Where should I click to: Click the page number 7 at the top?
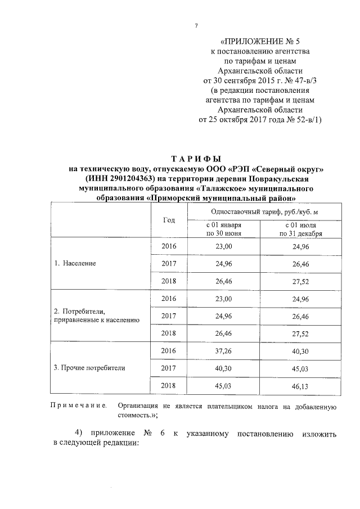point(196,26)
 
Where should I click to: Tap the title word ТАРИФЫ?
point(197,159)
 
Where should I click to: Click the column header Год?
point(169,220)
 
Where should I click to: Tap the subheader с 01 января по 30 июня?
point(223,229)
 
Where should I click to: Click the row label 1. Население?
point(75,263)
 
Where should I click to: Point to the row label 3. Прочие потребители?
point(89,368)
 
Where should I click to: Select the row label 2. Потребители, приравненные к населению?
point(96,315)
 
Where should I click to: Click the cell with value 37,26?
point(223,350)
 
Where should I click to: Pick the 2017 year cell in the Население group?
point(169,263)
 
